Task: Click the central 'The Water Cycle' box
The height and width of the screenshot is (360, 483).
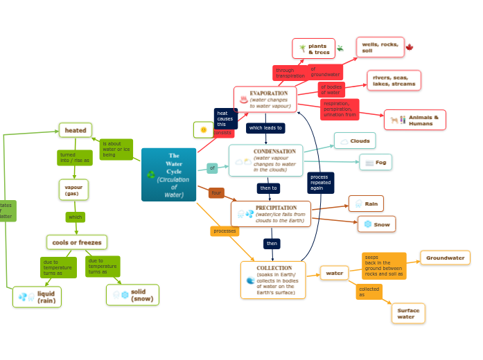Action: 168,174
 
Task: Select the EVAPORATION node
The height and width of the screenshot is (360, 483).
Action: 265,99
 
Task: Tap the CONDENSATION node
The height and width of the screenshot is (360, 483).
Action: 266,161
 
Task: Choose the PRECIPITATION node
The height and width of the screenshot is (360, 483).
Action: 271,214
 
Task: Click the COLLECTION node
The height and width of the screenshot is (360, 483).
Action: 273,280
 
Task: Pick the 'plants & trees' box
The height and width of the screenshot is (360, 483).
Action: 313,48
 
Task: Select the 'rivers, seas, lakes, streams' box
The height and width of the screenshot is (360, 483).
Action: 394,80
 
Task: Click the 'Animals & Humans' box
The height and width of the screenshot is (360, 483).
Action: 415,120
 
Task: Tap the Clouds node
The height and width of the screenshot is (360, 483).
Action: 355,141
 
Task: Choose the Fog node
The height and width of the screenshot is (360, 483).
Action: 376,162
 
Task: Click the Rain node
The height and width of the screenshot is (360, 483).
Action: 366,204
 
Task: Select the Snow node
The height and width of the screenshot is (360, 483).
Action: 376,224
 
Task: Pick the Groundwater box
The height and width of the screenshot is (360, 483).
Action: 445,258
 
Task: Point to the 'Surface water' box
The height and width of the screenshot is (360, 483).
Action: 407,313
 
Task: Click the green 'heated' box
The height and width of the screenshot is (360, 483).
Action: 76,130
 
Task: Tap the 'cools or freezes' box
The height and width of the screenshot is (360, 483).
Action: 77,242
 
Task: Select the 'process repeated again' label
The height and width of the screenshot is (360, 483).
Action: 321,183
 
